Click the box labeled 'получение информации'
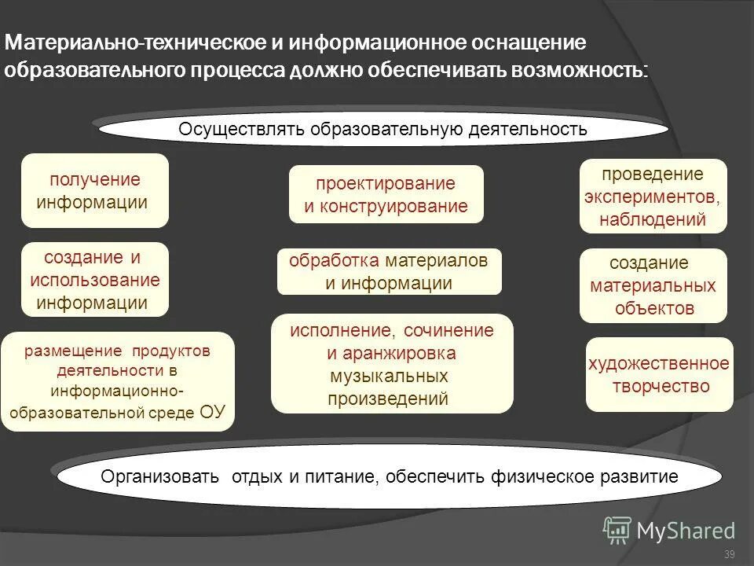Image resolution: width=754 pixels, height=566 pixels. coord(94,190)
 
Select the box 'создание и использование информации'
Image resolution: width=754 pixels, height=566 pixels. coord(94,279)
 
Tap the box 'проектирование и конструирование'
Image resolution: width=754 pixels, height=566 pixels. coord(386,194)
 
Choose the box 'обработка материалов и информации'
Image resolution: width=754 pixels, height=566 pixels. coord(389,272)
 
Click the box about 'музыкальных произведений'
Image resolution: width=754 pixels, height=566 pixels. coord(391,363)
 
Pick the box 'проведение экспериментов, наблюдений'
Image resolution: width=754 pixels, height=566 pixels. coord(653,196)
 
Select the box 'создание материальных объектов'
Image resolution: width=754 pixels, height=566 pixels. coord(653,285)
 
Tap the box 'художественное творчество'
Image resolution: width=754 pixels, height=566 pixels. coord(659,374)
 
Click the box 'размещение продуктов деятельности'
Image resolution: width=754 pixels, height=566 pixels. coord(117,381)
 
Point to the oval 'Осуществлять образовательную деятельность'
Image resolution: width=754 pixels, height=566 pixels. coord(382,129)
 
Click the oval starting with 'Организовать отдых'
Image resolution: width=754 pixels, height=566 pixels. coord(389,477)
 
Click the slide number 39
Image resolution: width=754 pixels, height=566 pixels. coord(729,555)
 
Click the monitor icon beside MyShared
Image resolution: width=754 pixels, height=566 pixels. coord(617,529)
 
